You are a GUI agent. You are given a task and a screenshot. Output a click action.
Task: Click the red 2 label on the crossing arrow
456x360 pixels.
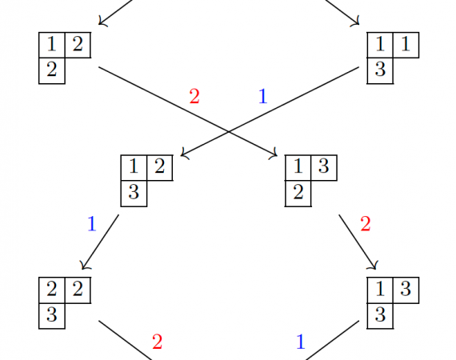pos(194,97)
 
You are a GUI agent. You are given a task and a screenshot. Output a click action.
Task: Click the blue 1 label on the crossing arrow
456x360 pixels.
pos(262,97)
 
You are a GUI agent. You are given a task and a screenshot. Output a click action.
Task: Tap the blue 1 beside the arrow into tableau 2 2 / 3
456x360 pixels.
pos(92,224)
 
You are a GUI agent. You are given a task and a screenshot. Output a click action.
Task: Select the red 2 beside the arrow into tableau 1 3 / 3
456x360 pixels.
pos(366,224)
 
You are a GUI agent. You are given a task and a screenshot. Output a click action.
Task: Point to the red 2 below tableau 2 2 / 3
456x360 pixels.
pos(157,342)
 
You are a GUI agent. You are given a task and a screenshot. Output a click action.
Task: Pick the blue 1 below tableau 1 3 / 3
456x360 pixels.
pos(301,342)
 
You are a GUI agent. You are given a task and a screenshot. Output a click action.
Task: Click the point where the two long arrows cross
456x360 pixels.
pos(229,132)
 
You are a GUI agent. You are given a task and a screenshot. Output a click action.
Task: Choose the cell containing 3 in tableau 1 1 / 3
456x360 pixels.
pos(380,70)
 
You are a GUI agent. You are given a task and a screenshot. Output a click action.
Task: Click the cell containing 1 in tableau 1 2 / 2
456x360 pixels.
pos(52,45)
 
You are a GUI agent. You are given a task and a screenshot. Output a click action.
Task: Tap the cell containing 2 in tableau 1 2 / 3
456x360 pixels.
pos(160,168)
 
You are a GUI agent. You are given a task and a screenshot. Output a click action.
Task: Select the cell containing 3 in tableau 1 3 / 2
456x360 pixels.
pos(324,168)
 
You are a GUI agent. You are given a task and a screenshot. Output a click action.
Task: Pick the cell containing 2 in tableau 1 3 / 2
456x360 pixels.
pos(298,194)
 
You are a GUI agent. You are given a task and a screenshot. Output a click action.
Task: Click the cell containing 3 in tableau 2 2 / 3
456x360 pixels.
pos(52,316)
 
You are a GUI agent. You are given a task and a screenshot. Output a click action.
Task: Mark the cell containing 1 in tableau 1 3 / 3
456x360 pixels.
pos(380,290)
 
